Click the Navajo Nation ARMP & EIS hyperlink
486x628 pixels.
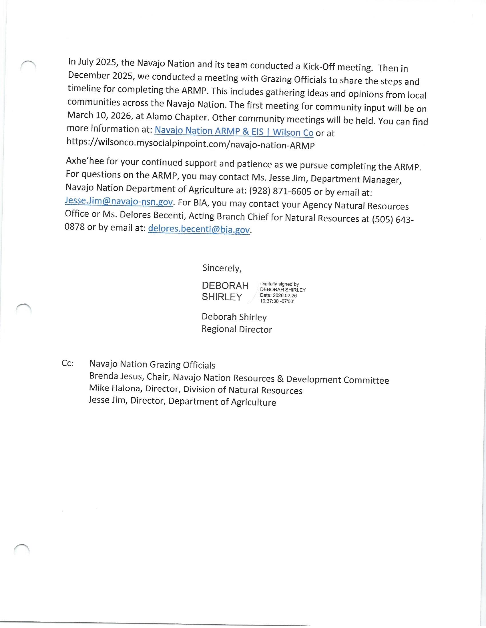234,132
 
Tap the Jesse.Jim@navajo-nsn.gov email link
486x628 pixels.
119,201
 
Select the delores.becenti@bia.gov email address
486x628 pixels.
199,229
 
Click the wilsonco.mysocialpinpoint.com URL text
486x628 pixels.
190,144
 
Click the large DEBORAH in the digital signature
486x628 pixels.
225,285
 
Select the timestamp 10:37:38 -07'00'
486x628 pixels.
277,301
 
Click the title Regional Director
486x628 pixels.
236,329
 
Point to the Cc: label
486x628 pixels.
68,363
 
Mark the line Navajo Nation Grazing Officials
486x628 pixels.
152,365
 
